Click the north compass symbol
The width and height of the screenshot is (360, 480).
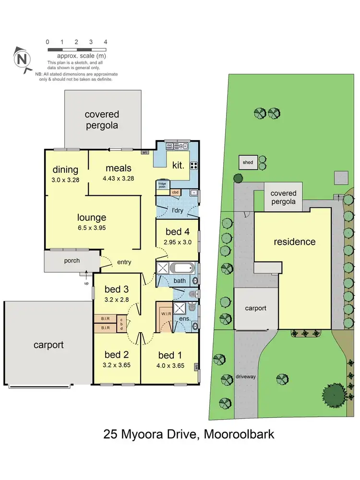pyautogui.click(x=22, y=60)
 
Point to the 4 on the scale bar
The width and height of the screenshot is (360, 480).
pyautogui.click(x=105, y=42)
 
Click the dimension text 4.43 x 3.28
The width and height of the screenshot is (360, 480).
pyautogui.click(x=118, y=178)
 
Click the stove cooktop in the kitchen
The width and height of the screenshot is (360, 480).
pyautogui.click(x=194, y=166)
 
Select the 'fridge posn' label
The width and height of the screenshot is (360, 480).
pyautogui.click(x=162, y=184)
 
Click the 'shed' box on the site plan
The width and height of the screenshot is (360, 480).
pyautogui.click(x=248, y=163)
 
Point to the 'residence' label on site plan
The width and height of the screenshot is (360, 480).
pyautogui.click(x=295, y=241)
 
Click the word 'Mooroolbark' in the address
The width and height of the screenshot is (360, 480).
pyautogui.click(x=240, y=435)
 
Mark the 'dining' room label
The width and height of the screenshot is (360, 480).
pyautogui.click(x=66, y=169)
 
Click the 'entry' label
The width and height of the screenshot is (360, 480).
pyautogui.click(x=123, y=262)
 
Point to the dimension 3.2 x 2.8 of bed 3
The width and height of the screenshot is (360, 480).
pyautogui.click(x=116, y=299)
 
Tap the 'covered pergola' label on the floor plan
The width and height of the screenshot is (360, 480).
pyautogui.click(x=102, y=120)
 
